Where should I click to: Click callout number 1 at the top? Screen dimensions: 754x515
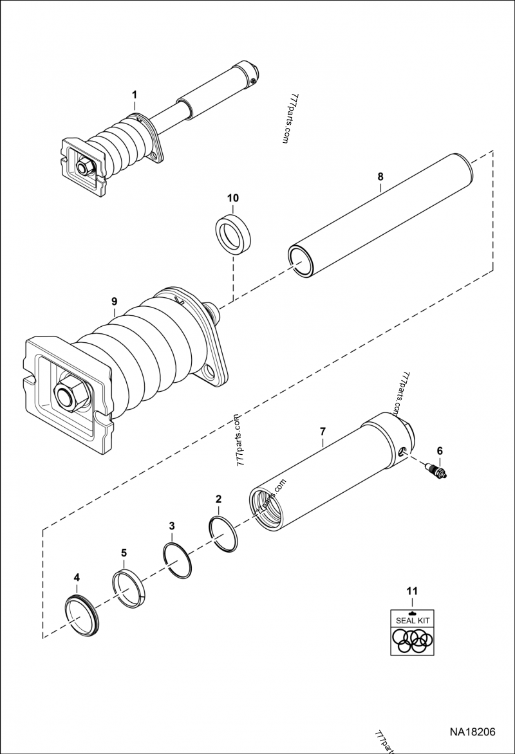tap(135, 95)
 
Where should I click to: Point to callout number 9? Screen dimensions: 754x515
tap(114, 300)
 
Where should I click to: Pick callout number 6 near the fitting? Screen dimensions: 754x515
tap(440, 450)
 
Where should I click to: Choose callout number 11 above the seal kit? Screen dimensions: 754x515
tap(412, 590)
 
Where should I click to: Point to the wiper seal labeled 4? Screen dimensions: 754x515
tap(82, 614)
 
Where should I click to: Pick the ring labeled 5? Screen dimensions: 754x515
tap(129, 588)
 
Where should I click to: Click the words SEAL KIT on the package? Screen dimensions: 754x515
tap(412, 620)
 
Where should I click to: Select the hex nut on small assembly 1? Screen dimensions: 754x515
tap(83, 167)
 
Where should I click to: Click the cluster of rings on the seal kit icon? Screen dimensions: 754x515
tap(412, 639)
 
